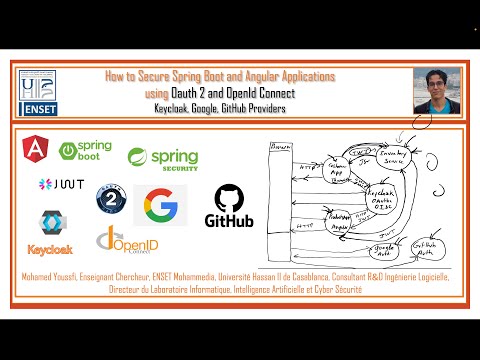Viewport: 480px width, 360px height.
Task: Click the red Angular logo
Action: [x=36, y=150]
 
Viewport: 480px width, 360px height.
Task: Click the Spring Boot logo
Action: [x=85, y=150]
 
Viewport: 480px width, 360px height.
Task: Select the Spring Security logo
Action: [x=162, y=158]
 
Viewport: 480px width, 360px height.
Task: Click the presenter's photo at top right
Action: [x=437, y=91]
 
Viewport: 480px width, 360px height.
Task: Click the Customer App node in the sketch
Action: [x=326, y=169]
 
